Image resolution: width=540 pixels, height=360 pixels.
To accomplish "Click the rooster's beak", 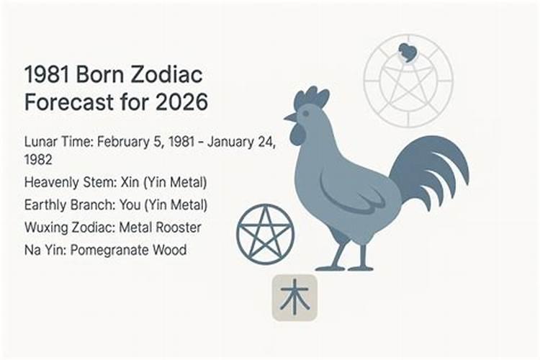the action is [x=289, y=118].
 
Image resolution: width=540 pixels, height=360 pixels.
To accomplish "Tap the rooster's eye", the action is [x=305, y=113].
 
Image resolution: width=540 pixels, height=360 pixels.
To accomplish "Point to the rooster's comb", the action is [x=311, y=96].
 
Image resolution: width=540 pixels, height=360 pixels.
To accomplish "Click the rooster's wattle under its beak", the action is [x=296, y=135].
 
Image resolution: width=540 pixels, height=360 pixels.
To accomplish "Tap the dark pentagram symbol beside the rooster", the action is [x=265, y=234].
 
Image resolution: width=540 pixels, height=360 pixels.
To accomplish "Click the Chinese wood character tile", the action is [x=294, y=297].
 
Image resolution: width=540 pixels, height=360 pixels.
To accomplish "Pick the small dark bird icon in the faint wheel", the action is [x=408, y=53].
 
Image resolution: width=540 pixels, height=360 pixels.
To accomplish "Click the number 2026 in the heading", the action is [x=181, y=102].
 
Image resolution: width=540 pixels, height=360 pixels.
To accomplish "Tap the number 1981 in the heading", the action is [x=47, y=74].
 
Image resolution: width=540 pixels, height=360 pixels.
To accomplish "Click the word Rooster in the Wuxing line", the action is [x=179, y=228].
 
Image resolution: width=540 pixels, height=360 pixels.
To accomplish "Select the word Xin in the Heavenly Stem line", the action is [x=130, y=182].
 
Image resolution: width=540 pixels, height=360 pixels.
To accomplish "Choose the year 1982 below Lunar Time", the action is [x=38, y=160].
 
